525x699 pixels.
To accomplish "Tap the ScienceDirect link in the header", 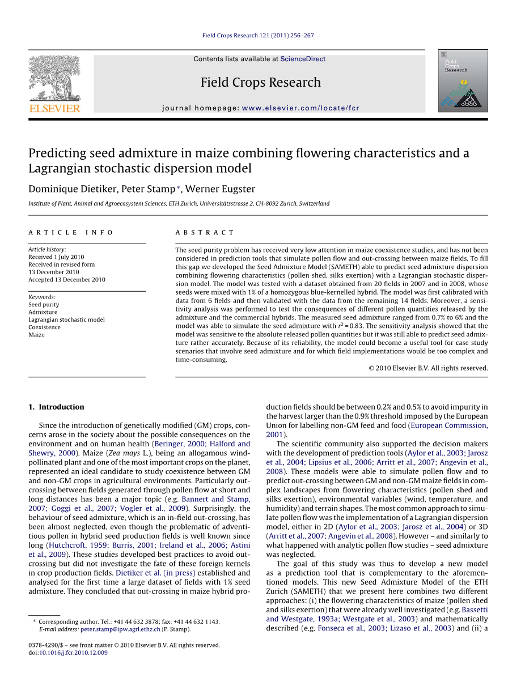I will (303, 59).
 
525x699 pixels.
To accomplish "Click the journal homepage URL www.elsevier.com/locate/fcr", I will (300, 108).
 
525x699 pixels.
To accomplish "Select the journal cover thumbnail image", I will (463, 80).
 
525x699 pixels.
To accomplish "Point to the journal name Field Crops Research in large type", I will (260, 83).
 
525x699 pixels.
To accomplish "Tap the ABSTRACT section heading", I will (205, 233).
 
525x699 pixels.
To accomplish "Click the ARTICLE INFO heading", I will (71, 233).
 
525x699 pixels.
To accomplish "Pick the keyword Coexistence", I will (44, 327).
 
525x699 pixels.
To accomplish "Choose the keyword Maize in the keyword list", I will (36, 335).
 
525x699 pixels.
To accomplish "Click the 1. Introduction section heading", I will (56, 407).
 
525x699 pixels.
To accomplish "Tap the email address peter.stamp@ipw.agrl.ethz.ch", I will (120, 629).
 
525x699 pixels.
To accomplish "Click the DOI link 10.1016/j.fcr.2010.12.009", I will (73, 653).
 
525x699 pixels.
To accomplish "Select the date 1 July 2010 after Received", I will (69, 257).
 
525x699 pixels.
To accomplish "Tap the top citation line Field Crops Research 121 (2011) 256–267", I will (258, 36).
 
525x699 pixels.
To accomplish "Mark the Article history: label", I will (47, 249).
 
